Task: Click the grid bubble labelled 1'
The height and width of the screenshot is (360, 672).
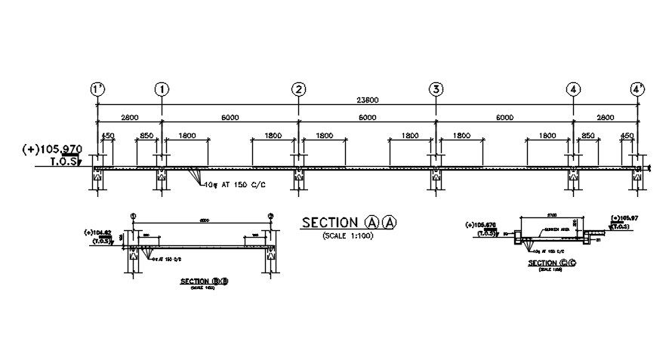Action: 97,89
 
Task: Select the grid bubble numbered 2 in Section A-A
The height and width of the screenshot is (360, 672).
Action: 300,89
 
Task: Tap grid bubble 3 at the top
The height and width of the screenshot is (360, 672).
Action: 436,89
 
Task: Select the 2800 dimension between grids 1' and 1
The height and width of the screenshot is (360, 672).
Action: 129,117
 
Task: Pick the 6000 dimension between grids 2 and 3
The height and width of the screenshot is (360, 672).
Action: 368,117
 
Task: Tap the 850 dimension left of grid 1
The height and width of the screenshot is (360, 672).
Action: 146,136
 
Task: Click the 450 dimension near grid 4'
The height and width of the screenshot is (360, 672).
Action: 627,136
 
